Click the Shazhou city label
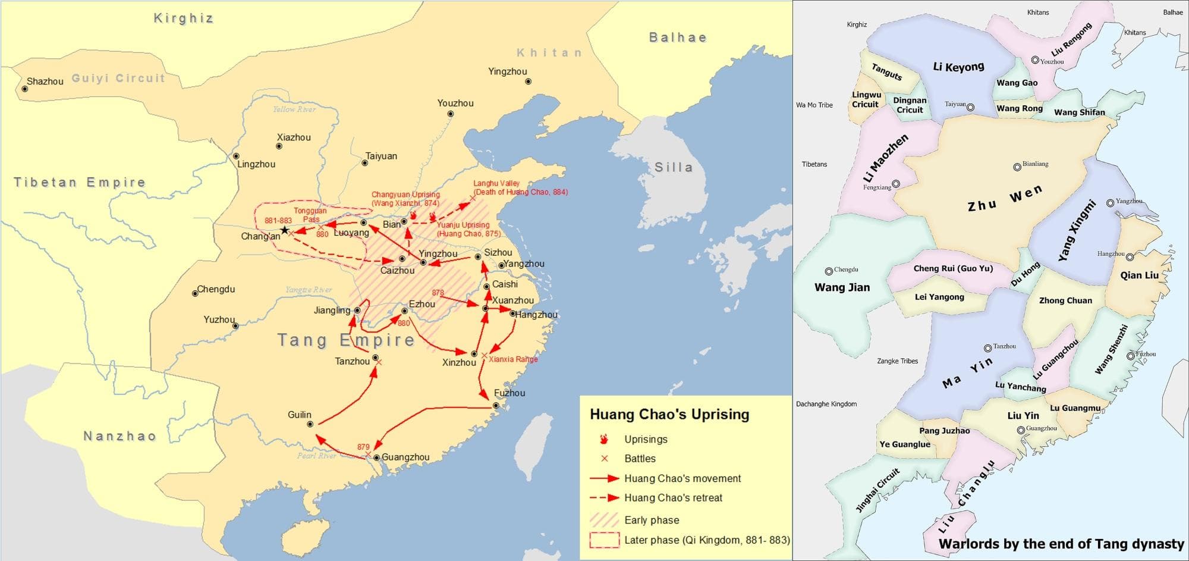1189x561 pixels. [45, 82]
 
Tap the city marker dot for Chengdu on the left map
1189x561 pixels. [194, 293]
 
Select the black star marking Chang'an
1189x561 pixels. [285, 230]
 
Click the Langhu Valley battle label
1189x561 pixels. [520, 187]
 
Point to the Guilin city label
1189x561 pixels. [300, 415]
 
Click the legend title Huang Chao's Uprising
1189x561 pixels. [669, 415]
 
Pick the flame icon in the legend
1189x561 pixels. [604, 439]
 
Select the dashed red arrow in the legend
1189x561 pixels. [605, 498]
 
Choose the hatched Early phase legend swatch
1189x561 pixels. [604, 520]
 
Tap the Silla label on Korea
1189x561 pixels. [674, 167]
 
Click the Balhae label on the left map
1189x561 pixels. [678, 37]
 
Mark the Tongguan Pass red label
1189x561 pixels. [310, 215]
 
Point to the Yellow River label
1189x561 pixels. [294, 109]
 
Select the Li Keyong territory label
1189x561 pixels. [958, 67]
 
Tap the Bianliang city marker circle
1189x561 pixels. [1017, 167]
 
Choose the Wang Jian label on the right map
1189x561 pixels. [842, 287]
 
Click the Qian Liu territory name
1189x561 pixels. [1139, 275]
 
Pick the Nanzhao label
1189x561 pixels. [119, 436]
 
